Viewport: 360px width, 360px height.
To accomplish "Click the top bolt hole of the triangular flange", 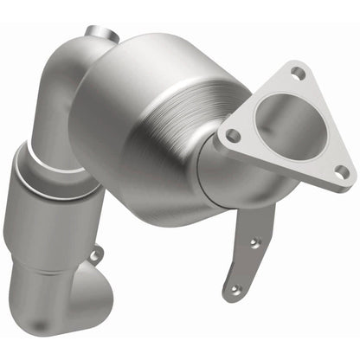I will [x=297, y=73].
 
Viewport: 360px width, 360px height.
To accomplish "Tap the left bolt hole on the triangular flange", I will [x=232, y=135].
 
